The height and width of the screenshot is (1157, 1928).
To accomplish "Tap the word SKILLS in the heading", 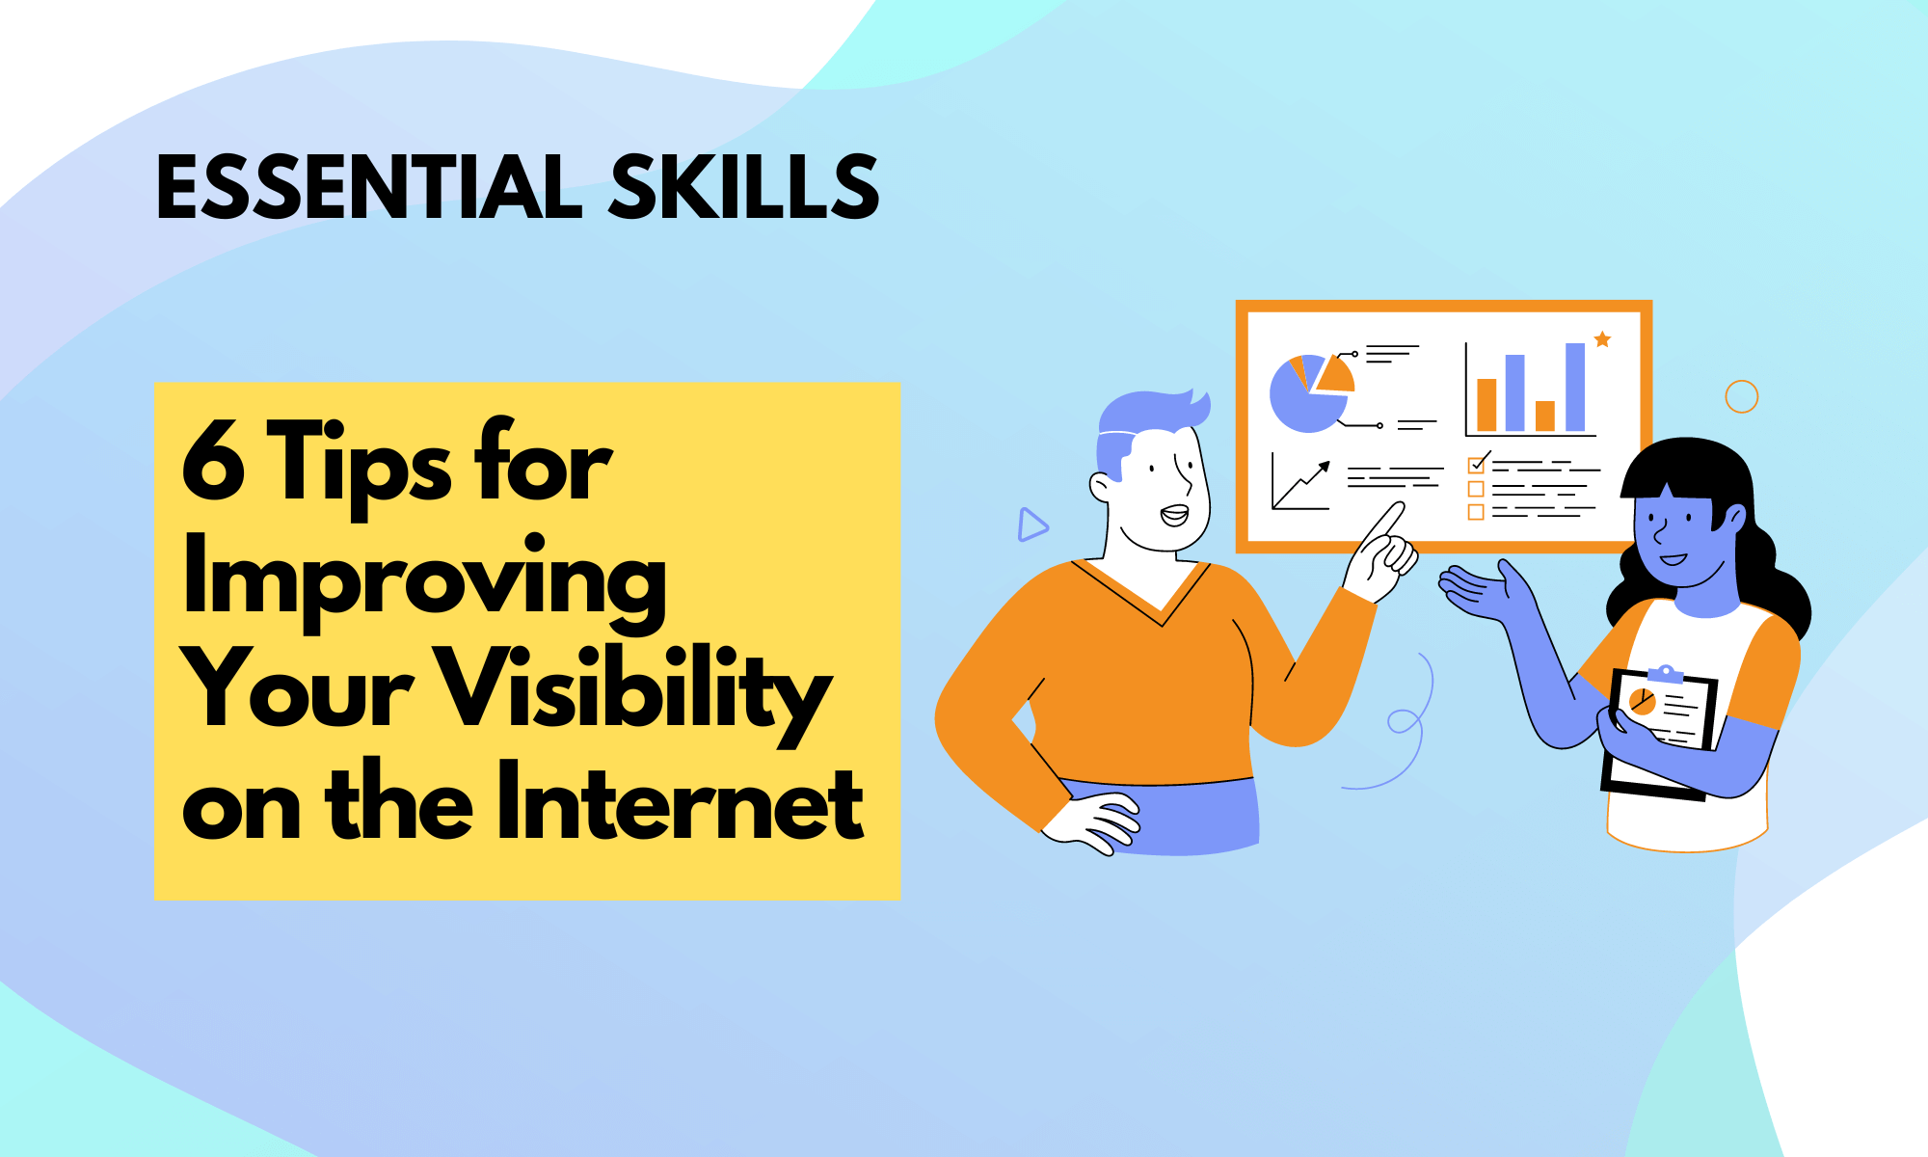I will [x=743, y=187].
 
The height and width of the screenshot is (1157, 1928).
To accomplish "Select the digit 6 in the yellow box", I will [x=213, y=463].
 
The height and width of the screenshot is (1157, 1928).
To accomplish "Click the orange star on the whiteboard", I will [x=1602, y=339].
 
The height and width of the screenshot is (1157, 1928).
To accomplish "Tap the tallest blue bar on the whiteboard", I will [x=1575, y=387].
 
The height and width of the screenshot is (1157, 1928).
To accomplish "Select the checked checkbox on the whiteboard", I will [x=1476, y=465].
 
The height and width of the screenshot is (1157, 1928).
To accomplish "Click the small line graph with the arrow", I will [x=1300, y=482].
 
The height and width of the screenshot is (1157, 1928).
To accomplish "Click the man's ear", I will [x=1101, y=486].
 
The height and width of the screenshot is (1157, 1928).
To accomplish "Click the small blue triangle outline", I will [x=1031, y=525].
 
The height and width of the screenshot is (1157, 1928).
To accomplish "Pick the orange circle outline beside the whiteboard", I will [x=1741, y=396].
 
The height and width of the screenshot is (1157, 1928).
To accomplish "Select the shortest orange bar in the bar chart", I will [x=1545, y=416].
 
